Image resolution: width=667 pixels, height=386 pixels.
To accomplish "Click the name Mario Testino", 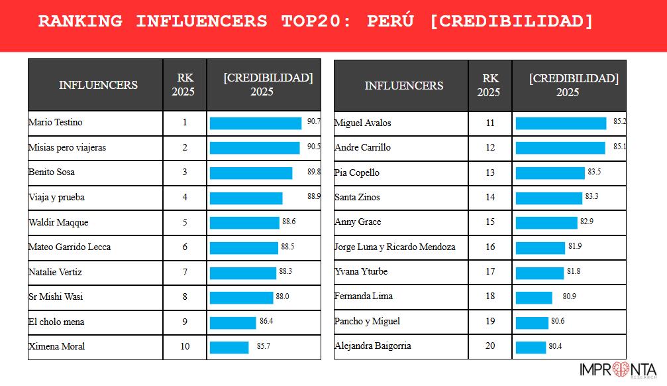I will [x=56, y=123].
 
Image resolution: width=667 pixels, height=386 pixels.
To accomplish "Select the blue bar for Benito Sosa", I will [x=251, y=172].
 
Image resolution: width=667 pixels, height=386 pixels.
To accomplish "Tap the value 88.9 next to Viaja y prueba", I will [x=314, y=196].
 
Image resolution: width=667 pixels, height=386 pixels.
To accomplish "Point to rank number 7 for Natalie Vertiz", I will [x=185, y=272].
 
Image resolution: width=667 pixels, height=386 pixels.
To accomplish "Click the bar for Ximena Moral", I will [x=229, y=347].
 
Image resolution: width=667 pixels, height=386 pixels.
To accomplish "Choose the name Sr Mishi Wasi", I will [x=56, y=296].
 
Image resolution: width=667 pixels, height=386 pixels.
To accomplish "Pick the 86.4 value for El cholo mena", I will [x=266, y=321].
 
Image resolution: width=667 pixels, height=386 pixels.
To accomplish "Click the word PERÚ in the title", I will [x=391, y=21].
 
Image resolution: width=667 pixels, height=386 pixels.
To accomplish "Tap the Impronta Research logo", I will [x=617, y=370].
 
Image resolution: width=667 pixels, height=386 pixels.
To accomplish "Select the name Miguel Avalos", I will [x=363, y=123].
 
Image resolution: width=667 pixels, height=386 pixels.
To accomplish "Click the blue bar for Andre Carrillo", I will [x=560, y=147].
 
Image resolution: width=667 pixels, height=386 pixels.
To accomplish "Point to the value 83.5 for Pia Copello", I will [x=594, y=172].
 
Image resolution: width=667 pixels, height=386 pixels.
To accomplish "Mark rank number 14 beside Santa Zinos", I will [x=490, y=197].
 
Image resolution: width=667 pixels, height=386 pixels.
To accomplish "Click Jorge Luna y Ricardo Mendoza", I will [x=395, y=247].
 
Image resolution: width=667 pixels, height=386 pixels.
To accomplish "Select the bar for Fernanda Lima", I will [x=534, y=296].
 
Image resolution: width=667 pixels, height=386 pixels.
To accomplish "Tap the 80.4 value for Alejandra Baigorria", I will [x=556, y=346].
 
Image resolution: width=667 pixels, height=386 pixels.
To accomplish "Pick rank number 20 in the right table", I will [x=490, y=346].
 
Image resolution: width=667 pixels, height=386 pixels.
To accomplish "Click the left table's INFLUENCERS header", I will [x=98, y=85].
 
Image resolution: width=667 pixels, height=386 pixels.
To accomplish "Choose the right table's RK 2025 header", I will [x=489, y=86].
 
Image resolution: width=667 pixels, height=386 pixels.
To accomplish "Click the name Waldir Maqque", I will [x=58, y=222].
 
